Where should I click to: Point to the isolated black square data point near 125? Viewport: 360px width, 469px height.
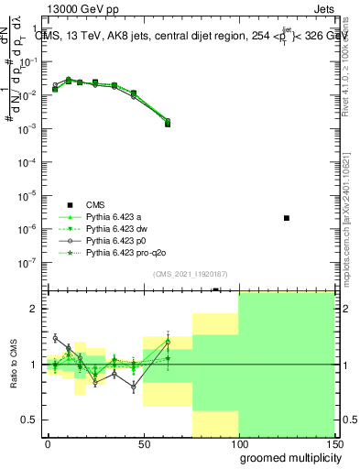click(287, 218)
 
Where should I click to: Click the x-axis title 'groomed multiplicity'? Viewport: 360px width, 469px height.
click(286, 456)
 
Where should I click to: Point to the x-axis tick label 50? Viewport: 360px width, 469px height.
click(143, 443)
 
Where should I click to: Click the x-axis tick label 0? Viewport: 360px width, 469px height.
click(48, 443)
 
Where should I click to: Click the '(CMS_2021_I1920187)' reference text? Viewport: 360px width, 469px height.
click(189, 274)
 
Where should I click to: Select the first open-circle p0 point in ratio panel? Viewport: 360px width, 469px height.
click(55, 338)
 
